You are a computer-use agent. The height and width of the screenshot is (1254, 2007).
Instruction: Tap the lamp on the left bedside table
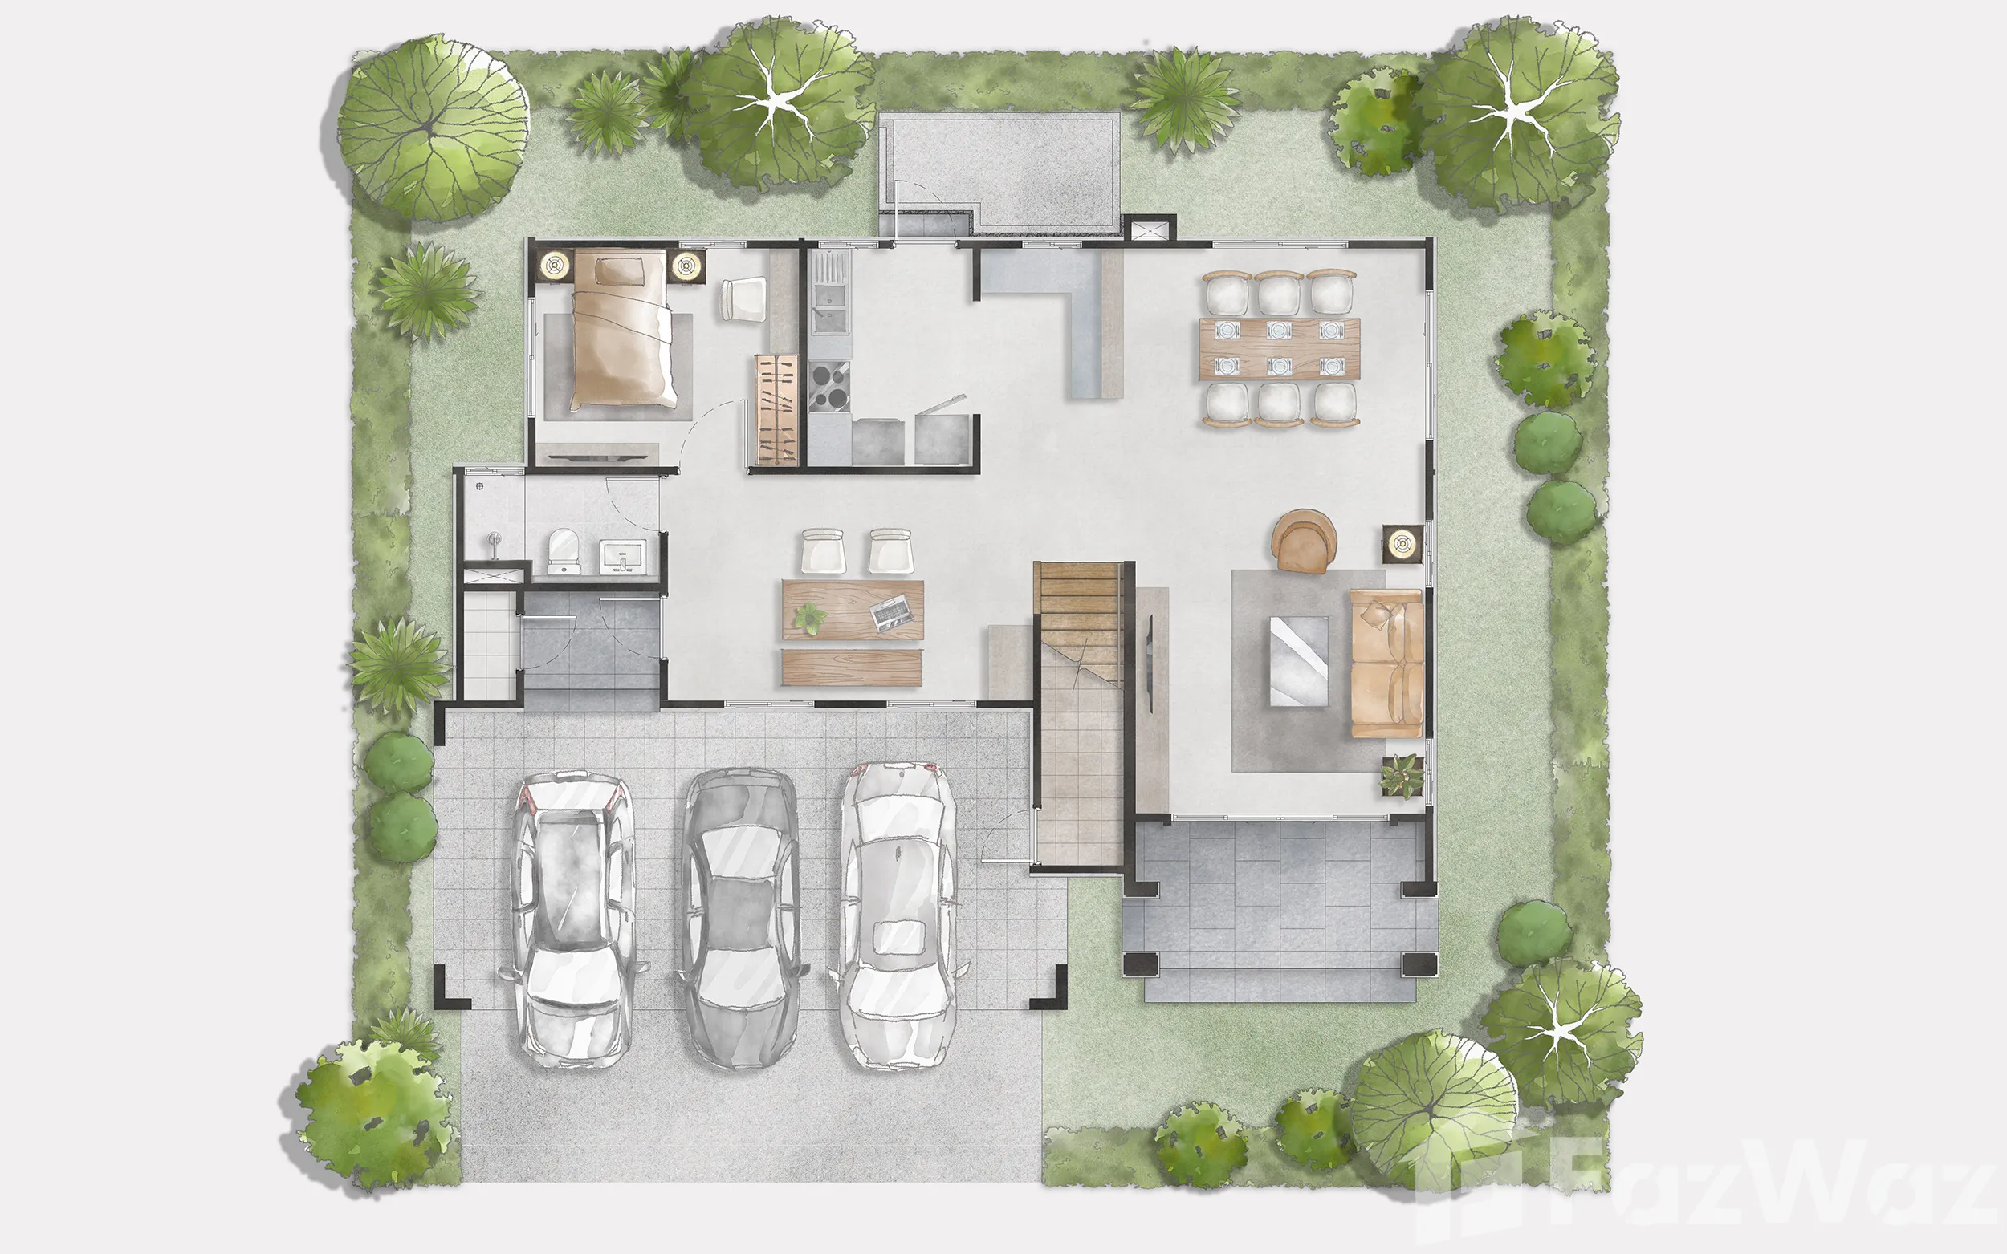point(554,266)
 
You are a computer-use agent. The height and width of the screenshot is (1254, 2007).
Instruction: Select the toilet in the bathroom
point(564,550)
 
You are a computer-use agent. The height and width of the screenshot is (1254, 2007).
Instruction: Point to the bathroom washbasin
point(622,554)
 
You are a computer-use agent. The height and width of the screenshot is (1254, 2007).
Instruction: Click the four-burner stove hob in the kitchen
point(828,387)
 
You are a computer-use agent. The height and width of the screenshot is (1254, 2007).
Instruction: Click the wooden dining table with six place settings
point(1280,348)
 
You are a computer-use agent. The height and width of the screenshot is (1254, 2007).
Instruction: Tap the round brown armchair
point(1304,541)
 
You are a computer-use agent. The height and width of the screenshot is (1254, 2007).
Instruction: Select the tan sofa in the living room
point(1386,663)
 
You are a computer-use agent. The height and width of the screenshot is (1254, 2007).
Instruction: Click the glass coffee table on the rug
point(1298,661)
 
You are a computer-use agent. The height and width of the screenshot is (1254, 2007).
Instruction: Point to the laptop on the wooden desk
point(892,613)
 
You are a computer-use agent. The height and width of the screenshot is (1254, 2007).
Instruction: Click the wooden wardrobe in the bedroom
point(776,410)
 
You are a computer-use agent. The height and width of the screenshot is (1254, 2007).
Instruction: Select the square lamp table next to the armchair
point(1402,544)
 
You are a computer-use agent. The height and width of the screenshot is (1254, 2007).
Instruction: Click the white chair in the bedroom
point(744,298)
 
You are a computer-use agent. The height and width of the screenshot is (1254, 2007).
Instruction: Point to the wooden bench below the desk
point(851,667)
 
